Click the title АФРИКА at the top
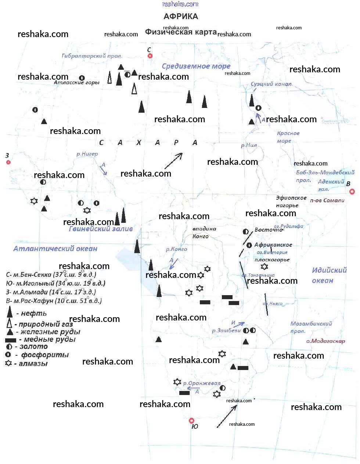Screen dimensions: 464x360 (181, 17)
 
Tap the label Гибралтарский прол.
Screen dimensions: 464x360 (92, 56)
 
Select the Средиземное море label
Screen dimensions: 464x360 (196, 66)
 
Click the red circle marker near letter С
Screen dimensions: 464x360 (150, 56)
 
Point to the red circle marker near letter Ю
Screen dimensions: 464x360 (191, 421)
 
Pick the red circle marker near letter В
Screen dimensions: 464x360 (352, 191)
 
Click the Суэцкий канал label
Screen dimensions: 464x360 (271, 84)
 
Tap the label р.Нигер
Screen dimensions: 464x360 (87, 154)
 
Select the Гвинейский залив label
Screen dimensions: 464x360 (101, 229)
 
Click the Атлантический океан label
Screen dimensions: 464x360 (55, 249)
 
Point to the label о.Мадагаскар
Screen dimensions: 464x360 (326, 341)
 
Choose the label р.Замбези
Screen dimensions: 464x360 (226, 330)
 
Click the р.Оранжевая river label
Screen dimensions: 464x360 (202, 383)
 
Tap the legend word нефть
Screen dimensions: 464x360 (34, 313)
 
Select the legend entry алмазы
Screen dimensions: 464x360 (33, 364)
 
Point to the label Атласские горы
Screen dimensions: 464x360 (77, 83)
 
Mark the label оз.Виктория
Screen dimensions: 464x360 (272, 253)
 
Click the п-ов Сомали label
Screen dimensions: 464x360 (327, 200)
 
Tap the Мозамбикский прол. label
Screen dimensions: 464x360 (311, 327)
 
